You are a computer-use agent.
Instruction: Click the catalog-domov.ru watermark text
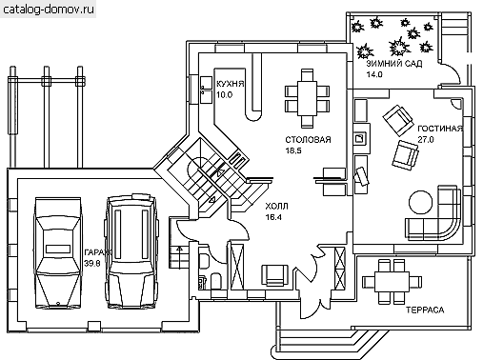click(49, 10)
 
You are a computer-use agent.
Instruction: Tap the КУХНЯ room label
click(231, 84)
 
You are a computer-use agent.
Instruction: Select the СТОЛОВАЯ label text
click(308, 140)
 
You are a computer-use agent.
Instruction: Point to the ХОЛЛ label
click(276, 207)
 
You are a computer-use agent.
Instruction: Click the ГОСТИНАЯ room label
click(440, 129)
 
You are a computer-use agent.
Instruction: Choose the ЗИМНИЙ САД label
click(394, 64)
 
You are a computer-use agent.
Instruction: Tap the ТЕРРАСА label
click(425, 310)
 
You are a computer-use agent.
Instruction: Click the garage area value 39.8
click(92, 263)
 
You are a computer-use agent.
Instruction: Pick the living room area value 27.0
click(426, 139)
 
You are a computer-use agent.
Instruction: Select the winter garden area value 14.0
click(374, 74)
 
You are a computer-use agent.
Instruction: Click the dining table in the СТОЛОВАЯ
click(307, 98)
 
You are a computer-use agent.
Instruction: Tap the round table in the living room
click(420, 202)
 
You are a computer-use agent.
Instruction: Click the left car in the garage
click(57, 253)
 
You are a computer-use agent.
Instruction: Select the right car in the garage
click(131, 251)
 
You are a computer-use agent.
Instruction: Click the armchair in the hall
click(275, 275)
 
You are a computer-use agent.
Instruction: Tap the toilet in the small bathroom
click(216, 281)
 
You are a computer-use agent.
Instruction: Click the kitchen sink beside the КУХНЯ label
click(206, 90)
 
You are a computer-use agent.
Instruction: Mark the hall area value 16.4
click(273, 217)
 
